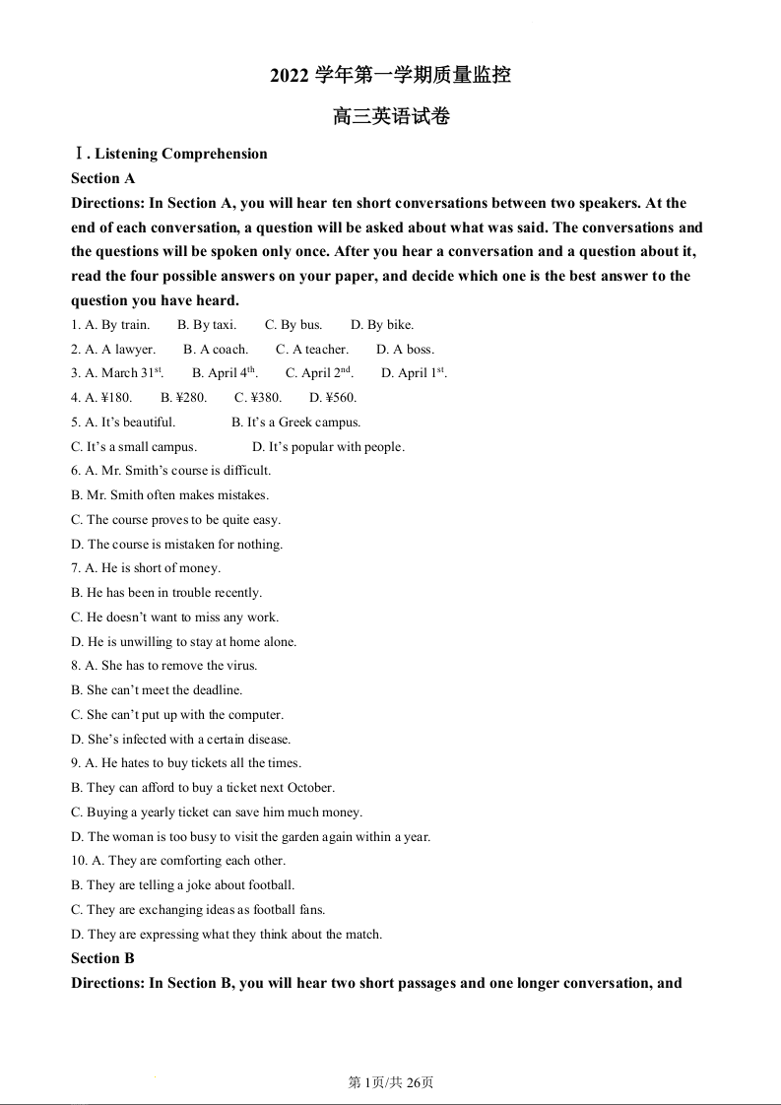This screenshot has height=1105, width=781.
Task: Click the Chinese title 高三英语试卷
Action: [x=391, y=116]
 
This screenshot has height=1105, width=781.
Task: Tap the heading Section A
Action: [x=102, y=178]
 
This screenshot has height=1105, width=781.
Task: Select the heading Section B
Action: [x=102, y=958]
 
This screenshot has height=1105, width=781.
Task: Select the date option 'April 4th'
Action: [x=225, y=373]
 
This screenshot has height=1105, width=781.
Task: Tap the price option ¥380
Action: [x=258, y=398]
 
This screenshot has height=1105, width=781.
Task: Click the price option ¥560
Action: [x=333, y=398]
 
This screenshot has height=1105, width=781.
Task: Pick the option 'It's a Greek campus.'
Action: [x=296, y=422]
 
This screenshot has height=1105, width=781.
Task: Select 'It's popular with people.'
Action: [x=328, y=447]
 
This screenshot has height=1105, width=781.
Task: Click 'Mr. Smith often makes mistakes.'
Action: [x=169, y=495]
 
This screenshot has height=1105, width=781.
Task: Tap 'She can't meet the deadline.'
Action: [x=157, y=690]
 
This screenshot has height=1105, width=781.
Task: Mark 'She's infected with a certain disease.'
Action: [x=181, y=740]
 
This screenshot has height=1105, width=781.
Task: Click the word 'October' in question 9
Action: [x=311, y=788]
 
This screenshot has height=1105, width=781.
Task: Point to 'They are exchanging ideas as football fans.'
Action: [x=198, y=910]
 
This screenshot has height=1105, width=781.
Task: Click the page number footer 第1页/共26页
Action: [x=391, y=1082]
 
